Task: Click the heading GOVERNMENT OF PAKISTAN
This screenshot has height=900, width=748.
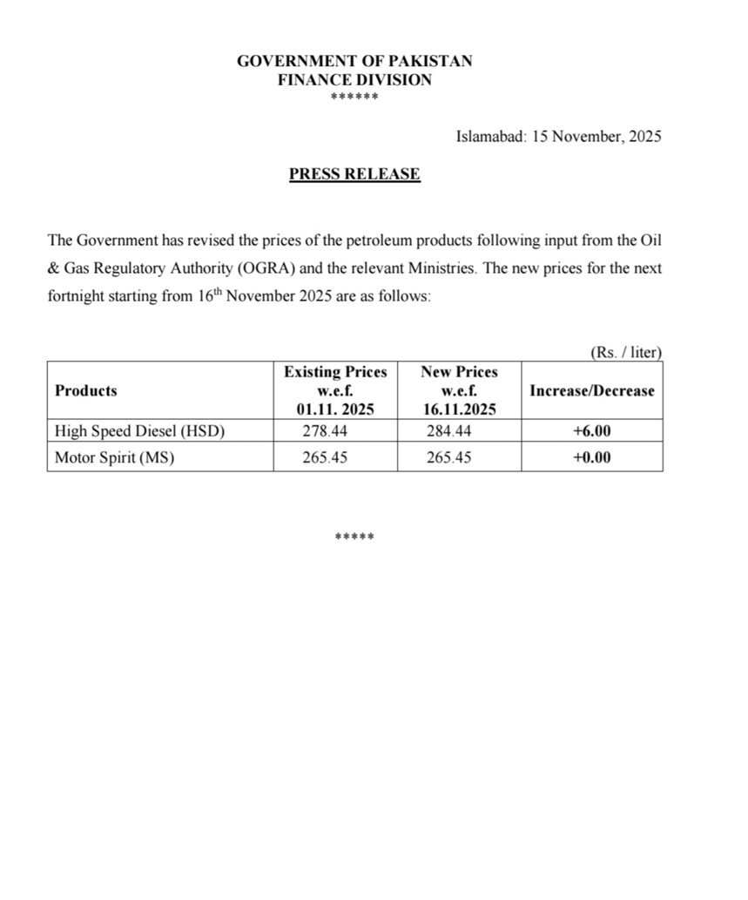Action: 354,62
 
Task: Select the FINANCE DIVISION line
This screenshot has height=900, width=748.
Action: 354,80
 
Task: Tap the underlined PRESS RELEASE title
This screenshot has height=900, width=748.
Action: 354,174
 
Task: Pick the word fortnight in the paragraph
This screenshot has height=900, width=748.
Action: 76,296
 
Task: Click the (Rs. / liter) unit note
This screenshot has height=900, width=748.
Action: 626,353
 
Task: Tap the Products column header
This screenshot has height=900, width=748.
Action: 86,390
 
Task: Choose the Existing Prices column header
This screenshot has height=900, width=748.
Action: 335,372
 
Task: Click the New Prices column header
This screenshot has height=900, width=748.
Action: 459,372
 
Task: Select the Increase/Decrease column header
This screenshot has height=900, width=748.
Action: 592,390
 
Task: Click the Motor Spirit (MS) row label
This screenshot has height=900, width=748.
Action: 115,457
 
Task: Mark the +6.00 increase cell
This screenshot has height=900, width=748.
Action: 592,430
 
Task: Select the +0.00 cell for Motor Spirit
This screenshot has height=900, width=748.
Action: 592,457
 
